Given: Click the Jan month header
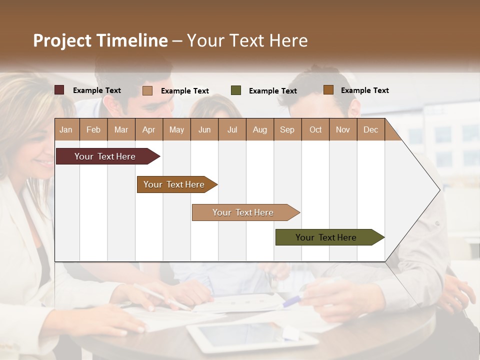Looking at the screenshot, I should tap(66, 129).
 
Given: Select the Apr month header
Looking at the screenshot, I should tap(148, 129).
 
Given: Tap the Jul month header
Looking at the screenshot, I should tap(232, 129).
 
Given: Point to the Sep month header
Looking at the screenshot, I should tap(287, 129).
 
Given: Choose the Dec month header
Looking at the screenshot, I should tap(370, 129).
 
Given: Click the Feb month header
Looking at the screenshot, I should tap(93, 129).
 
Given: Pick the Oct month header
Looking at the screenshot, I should tap(315, 129).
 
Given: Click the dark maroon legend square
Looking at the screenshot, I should tap(59, 90).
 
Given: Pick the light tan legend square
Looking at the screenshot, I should tap(147, 90).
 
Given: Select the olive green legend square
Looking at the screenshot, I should tap(236, 90).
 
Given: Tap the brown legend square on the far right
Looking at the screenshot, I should tap(328, 90).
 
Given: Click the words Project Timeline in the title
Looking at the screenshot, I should tap(100, 40).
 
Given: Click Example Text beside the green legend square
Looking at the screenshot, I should tap(272, 91).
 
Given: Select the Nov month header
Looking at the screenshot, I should tap(343, 129).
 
